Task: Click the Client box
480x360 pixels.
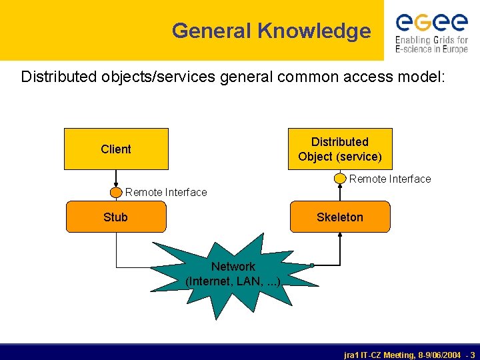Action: point(116,149)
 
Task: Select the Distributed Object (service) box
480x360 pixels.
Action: point(340,149)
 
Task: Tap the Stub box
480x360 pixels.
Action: point(116,217)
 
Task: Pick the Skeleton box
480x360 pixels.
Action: point(340,217)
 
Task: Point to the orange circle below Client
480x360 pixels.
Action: point(116,192)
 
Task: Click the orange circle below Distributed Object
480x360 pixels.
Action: point(341,179)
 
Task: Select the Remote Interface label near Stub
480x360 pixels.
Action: point(166,192)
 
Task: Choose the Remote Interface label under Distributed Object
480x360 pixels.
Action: point(390,179)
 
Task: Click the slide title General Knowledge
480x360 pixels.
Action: point(271,31)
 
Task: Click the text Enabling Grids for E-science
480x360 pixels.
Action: point(431,45)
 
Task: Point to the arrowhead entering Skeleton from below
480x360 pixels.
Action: point(341,236)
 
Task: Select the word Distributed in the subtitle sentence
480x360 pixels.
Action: point(59,77)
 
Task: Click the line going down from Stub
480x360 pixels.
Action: point(116,247)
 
